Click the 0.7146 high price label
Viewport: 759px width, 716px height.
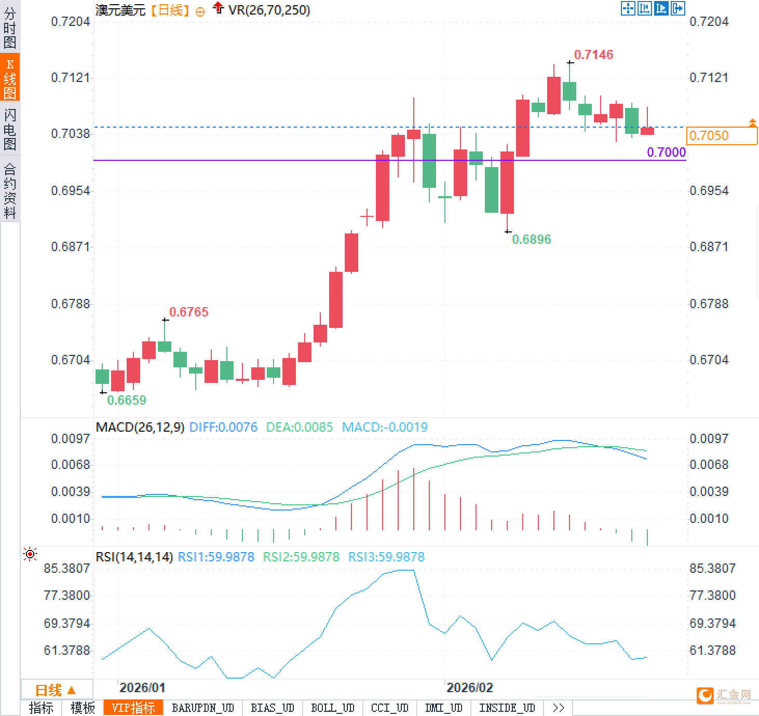click(x=593, y=54)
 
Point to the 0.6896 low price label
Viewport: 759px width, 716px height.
click(x=531, y=239)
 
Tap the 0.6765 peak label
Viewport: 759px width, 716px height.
click(x=188, y=312)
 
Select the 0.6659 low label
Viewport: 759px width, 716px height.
click(x=126, y=400)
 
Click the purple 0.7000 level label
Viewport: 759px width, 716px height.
click(x=666, y=152)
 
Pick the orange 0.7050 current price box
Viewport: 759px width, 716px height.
click(x=722, y=135)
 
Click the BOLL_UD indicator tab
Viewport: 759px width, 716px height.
click(x=332, y=708)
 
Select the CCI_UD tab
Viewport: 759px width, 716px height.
click(x=389, y=708)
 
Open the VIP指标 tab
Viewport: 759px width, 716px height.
click(x=133, y=708)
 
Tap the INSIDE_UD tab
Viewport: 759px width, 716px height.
click(x=507, y=708)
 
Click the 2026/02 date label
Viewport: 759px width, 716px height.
click(x=469, y=688)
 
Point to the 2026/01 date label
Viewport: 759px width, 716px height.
click(x=142, y=688)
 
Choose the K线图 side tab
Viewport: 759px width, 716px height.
click(x=10, y=78)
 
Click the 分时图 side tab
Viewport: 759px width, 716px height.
click(x=10, y=28)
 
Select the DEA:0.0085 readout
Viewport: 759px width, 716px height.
click(x=299, y=428)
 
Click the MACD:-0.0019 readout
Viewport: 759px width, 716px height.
click(x=385, y=428)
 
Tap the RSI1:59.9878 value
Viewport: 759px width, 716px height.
click(x=216, y=557)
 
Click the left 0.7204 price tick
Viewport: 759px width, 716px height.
click(x=71, y=22)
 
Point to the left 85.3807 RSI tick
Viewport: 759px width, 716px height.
click(x=67, y=569)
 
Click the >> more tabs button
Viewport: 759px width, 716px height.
click(x=558, y=708)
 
